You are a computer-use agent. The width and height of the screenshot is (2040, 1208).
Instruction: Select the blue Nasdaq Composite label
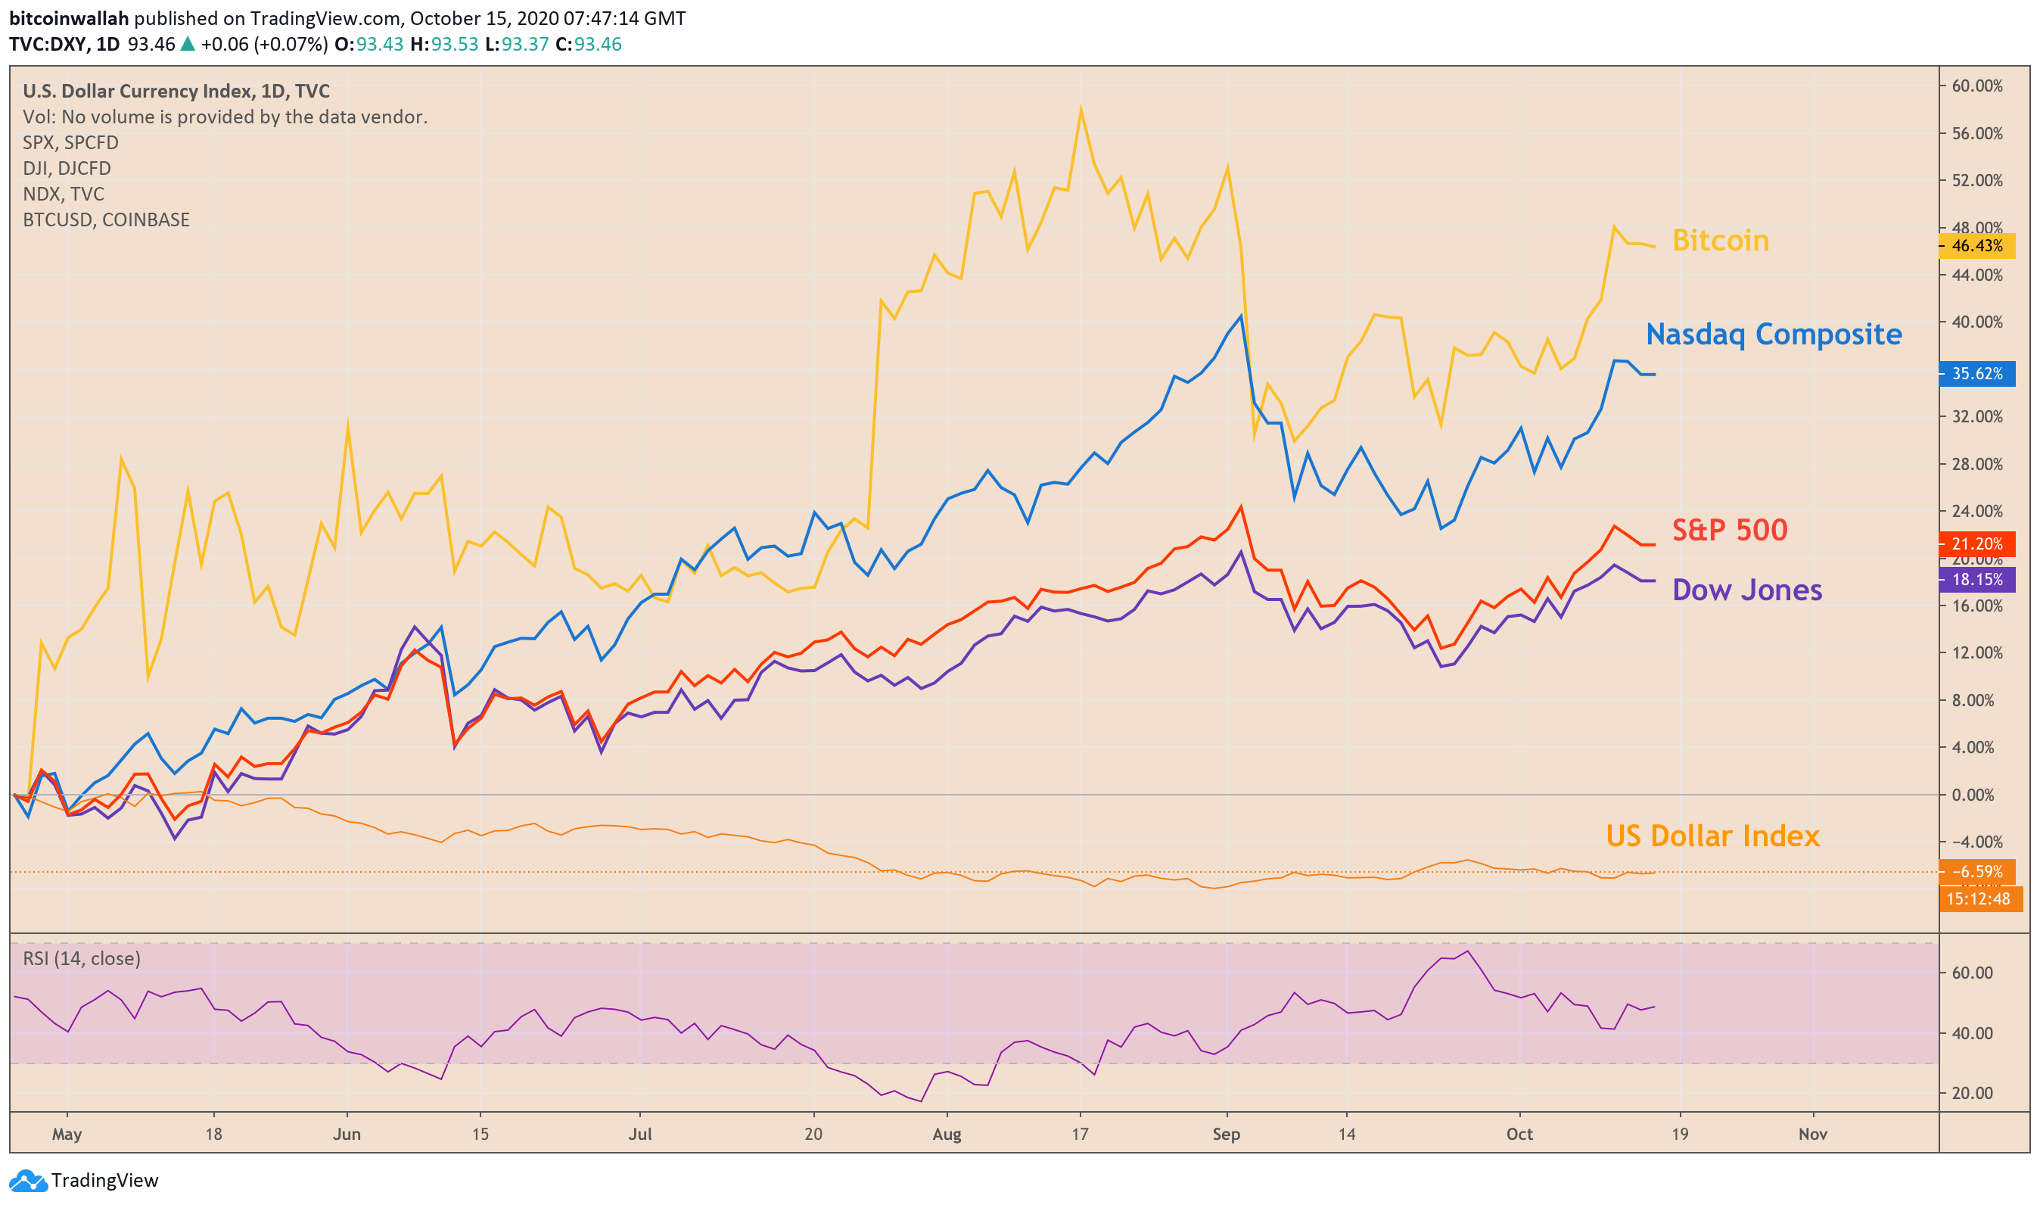(1773, 334)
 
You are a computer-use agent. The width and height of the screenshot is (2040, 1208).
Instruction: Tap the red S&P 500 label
(1729, 530)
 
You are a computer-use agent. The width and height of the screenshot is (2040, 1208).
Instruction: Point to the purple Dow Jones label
(1746, 590)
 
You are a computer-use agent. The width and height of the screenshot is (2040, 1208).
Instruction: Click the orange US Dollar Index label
(1712, 836)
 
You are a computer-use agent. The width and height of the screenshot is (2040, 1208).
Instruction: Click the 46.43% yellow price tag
(1976, 246)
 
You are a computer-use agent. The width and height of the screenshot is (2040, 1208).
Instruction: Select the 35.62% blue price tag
(1976, 374)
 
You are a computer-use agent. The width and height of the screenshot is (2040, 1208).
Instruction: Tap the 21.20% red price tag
(1976, 543)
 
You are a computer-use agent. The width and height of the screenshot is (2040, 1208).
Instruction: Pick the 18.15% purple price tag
(1976, 580)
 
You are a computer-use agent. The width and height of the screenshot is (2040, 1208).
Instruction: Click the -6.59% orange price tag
(1976, 872)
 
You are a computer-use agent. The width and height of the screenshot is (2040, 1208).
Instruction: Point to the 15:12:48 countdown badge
(1979, 899)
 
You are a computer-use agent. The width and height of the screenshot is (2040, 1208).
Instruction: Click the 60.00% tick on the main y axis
(1977, 86)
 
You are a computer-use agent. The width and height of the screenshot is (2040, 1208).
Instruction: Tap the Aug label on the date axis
(947, 1135)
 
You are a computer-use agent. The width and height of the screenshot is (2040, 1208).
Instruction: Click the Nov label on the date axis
(1812, 1134)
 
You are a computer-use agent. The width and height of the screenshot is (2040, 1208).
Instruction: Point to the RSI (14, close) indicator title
(82, 959)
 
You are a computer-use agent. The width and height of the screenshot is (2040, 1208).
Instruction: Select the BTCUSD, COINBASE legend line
(106, 219)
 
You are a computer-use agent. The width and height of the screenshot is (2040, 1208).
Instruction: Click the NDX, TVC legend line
(64, 195)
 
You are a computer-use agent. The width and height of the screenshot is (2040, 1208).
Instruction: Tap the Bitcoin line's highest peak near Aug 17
(1081, 108)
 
